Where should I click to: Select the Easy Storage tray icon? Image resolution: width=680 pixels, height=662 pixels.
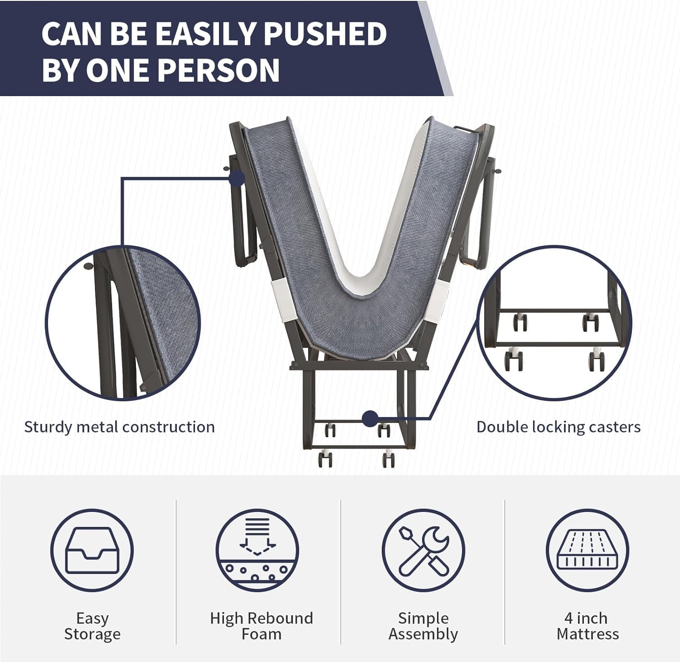[x=92, y=550]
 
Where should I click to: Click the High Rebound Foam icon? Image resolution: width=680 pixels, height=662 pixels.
[x=257, y=550]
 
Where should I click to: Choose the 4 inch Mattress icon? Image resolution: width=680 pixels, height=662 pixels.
[x=588, y=550]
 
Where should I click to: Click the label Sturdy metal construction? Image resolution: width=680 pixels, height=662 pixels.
[x=119, y=427]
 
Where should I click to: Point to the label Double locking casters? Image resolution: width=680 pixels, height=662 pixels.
[x=559, y=427]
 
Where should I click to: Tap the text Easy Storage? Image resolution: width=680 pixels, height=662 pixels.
[x=92, y=626]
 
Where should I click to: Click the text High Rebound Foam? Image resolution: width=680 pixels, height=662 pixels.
[x=262, y=626]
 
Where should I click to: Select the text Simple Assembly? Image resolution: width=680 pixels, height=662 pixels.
[x=423, y=626]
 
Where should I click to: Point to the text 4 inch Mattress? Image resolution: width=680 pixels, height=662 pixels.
[x=588, y=626]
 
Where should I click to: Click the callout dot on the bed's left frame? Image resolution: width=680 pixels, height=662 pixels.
[x=237, y=178]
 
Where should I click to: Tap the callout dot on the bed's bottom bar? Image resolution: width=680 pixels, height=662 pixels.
[x=370, y=418]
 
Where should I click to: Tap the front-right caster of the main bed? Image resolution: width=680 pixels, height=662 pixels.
[x=388, y=459]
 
